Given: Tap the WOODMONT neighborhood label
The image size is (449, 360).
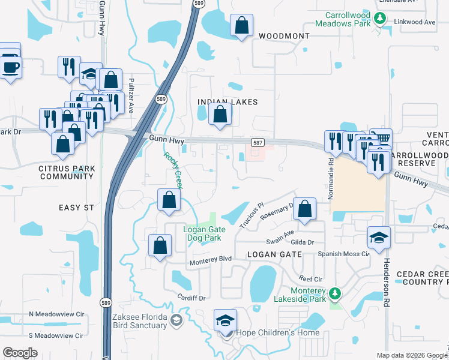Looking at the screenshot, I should click(x=284, y=36).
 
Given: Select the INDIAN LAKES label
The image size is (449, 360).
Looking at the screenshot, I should click(x=228, y=102).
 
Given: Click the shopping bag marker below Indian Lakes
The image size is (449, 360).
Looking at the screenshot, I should click(x=220, y=114).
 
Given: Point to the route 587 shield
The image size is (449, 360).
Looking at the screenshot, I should click(x=257, y=142).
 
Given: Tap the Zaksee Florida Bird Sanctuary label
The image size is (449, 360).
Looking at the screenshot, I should click(x=139, y=320).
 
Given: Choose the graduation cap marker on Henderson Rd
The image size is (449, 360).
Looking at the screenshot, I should click(x=378, y=238).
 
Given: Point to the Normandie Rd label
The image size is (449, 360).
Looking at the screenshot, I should click(x=331, y=172).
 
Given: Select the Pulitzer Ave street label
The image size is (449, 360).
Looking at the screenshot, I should click(x=131, y=96).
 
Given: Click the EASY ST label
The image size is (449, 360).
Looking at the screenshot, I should click(x=76, y=207).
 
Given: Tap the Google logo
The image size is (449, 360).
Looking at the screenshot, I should click(x=20, y=352).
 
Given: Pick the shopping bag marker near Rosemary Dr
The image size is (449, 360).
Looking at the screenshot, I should click(x=305, y=209).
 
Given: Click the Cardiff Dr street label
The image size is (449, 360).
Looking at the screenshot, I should click(x=191, y=298).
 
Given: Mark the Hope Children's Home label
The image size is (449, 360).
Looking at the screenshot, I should click(x=269, y=332).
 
